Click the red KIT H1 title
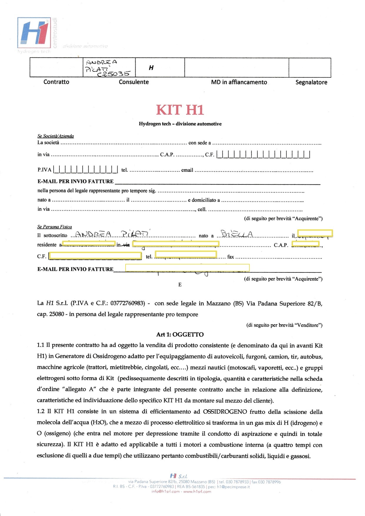pyautogui.click(x=180, y=110)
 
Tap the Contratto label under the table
pyautogui.click(x=56, y=82)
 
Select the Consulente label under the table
pyautogui.click(x=134, y=82)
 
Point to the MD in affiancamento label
pyautogui.click(x=239, y=82)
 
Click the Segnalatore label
pyautogui.click(x=311, y=82)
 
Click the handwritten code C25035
pyautogui.click(x=113, y=74)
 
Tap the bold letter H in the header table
pyautogui.click(x=151, y=68)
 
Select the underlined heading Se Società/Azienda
pyautogui.click(x=56, y=136)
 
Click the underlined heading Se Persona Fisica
pyautogui.click(x=54, y=227)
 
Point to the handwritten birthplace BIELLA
pyautogui.click(x=237, y=234)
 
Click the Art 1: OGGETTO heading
pyautogui.click(x=180, y=334)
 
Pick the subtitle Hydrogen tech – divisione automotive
pyautogui.click(x=180, y=124)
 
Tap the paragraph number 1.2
pyautogui.click(x=41, y=411)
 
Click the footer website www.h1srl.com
pyautogui.click(x=197, y=492)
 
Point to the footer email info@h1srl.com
pyautogui.click(x=165, y=492)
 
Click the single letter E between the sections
pyautogui.click(x=180, y=285)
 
